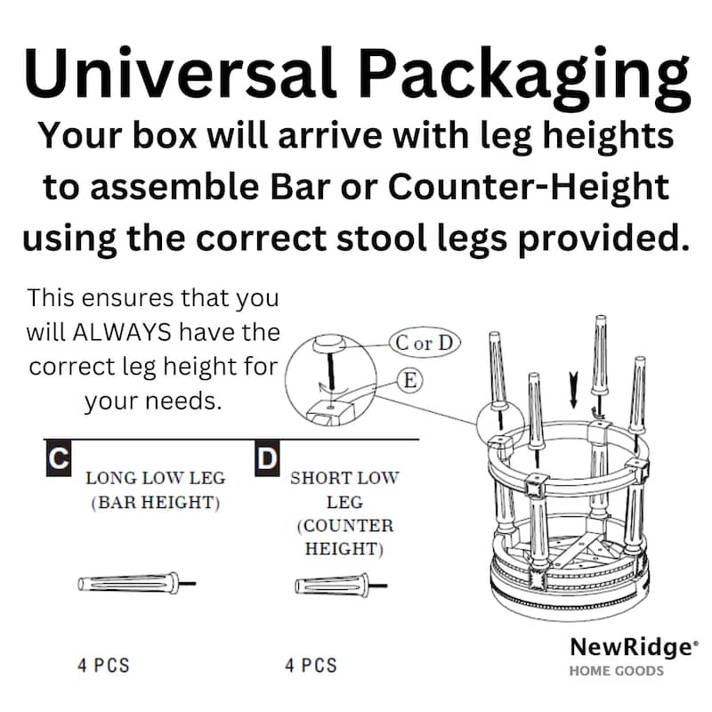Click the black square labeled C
(58, 459)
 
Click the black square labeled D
(267, 459)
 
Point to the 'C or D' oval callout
(424, 343)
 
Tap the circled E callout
(409, 381)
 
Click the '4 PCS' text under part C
(103, 665)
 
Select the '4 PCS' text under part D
(311, 665)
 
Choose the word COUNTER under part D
(344, 526)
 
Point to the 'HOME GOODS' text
(617, 670)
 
